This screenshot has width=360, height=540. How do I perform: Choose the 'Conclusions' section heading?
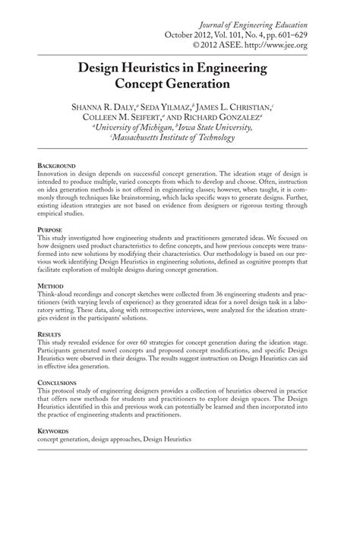[58, 382]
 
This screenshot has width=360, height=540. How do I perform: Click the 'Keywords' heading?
[54, 431]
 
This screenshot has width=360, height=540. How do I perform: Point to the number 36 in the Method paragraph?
[223, 292]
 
